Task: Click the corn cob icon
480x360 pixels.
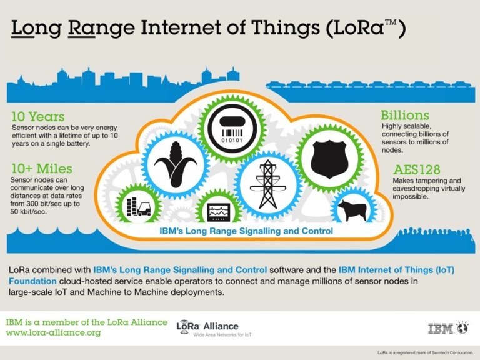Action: tap(176, 164)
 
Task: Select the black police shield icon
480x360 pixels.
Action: tap(329, 159)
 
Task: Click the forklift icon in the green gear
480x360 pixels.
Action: tap(138, 207)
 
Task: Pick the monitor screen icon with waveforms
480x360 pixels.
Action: tap(219, 212)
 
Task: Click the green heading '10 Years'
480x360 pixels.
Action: tap(38, 117)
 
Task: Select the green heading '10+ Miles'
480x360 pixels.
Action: tap(42, 169)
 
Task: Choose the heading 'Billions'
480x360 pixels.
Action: tap(405, 116)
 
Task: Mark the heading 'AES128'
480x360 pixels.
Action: tap(417, 169)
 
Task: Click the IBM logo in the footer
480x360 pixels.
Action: tap(440, 329)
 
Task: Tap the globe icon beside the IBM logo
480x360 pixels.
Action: tap(462, 327)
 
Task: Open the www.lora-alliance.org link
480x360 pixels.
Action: tap(53, 332)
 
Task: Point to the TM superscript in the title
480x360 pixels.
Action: tap(391, 22)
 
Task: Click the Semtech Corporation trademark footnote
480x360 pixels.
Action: tap(425, 352)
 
